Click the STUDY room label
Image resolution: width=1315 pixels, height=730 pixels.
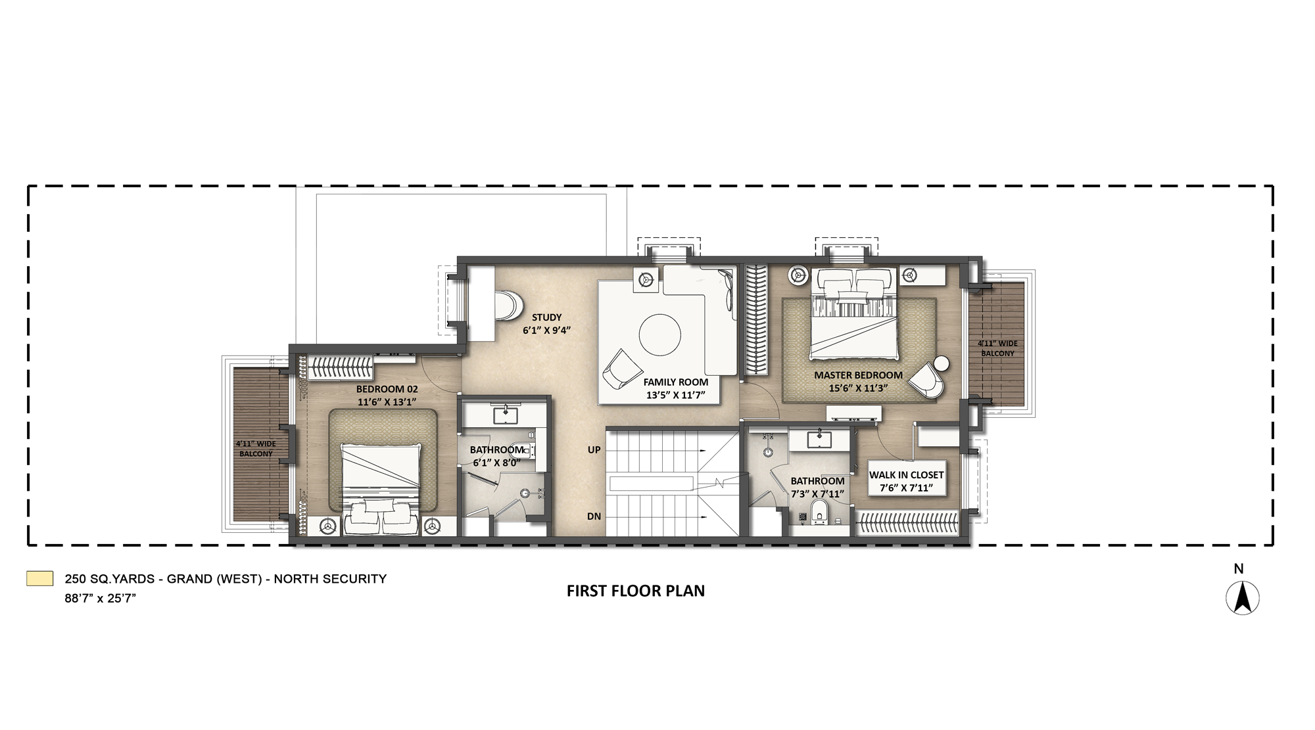[x=546, y=317]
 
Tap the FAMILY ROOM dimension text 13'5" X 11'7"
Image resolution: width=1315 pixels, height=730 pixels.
[x=675, y=395]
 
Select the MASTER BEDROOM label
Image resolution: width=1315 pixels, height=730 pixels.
[x=858, y=375]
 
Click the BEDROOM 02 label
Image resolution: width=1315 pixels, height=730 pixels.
[x=387, y=389]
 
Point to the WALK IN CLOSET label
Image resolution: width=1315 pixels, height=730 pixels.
[x=906, y=474]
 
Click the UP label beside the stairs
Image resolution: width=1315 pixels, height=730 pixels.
[x=594, y=450]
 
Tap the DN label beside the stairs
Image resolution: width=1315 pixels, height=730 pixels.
[x=594, y=516]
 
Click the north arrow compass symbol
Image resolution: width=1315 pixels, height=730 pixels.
[x=1242, y=599]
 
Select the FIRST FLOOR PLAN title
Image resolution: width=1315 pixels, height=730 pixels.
[x=635, y=591]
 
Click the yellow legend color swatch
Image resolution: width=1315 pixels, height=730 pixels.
[x=39, y=578]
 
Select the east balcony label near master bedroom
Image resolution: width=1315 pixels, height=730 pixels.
[x=997, y=348]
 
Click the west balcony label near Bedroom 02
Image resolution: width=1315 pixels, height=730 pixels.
[x=256, y=449]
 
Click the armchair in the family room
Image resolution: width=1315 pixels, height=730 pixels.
[x=621, y=369]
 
